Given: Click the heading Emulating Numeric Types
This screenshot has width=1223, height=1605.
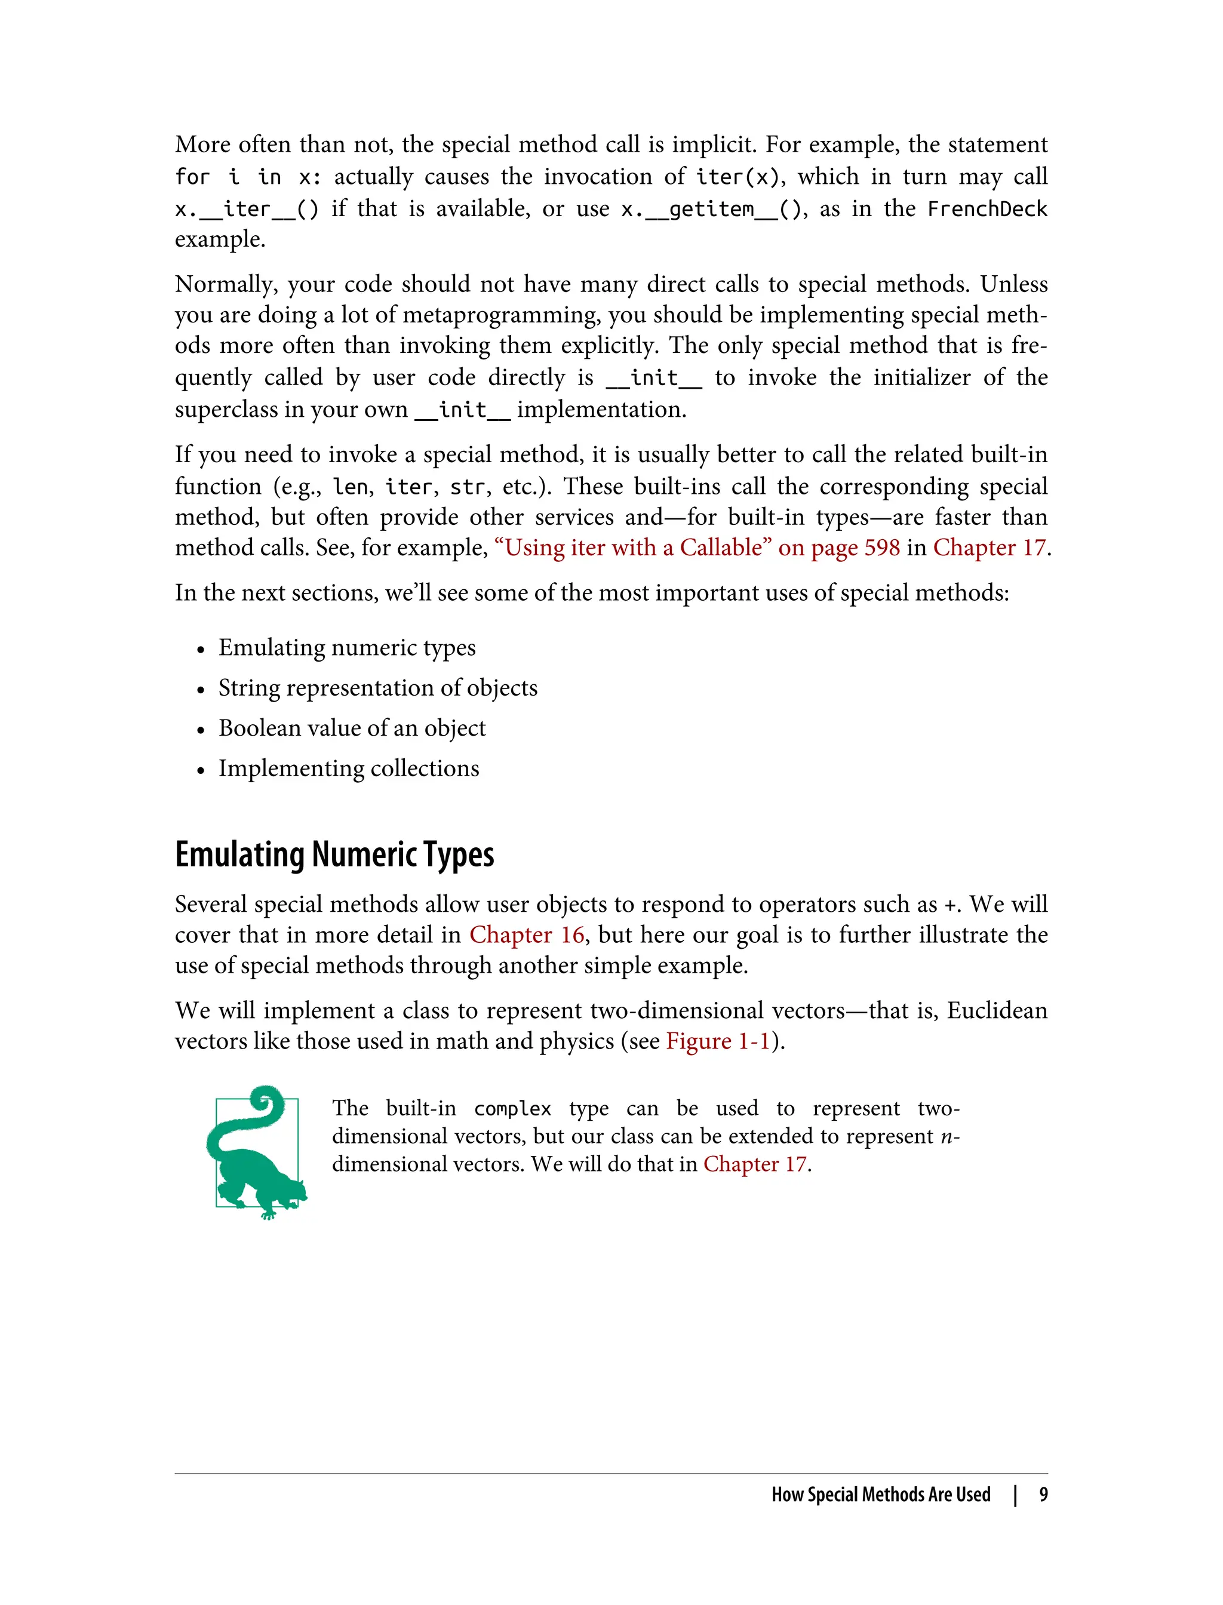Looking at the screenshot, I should coord(334,854).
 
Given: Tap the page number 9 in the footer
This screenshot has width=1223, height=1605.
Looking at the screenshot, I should coord(1043,1495).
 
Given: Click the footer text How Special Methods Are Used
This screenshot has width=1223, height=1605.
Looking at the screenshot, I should coord(881,1495).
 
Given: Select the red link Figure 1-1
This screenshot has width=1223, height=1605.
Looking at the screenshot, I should coord(718,1041).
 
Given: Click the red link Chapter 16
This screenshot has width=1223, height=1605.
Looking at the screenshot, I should coord(526,935).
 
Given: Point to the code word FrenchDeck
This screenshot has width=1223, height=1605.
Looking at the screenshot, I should coord(987,210).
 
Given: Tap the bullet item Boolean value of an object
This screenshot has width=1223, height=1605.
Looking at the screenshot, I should coord(352,728).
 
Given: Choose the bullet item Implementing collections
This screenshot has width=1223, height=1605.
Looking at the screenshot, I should coord(349,768).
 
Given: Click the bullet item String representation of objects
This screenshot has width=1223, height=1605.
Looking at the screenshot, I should coord(378,688).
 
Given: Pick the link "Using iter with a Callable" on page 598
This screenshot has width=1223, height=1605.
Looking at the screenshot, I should coord(697,548).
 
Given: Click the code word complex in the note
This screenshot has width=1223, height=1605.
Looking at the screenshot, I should coord(512,1109).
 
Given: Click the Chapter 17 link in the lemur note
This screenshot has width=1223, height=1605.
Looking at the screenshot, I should coord(755,1164).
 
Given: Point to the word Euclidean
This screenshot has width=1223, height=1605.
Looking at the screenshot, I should coord(997,1011).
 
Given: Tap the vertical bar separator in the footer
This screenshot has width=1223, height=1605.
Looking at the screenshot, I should coord(1015,1495).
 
